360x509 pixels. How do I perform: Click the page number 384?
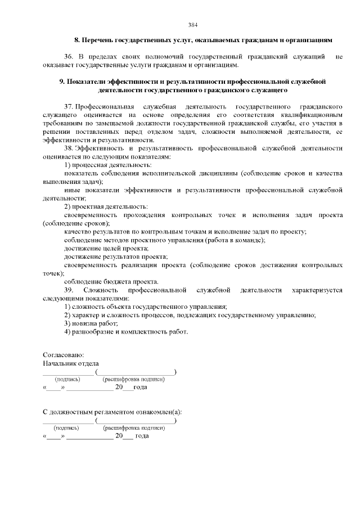click(x=192, y=25)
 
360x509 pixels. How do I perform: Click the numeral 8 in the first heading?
click(x=76, y=40)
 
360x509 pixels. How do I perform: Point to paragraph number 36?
click(x=69, y=57)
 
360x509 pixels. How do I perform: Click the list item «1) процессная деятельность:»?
click(x=107, y=165)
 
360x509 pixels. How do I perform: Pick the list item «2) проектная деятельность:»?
click(x=106, y=206)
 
